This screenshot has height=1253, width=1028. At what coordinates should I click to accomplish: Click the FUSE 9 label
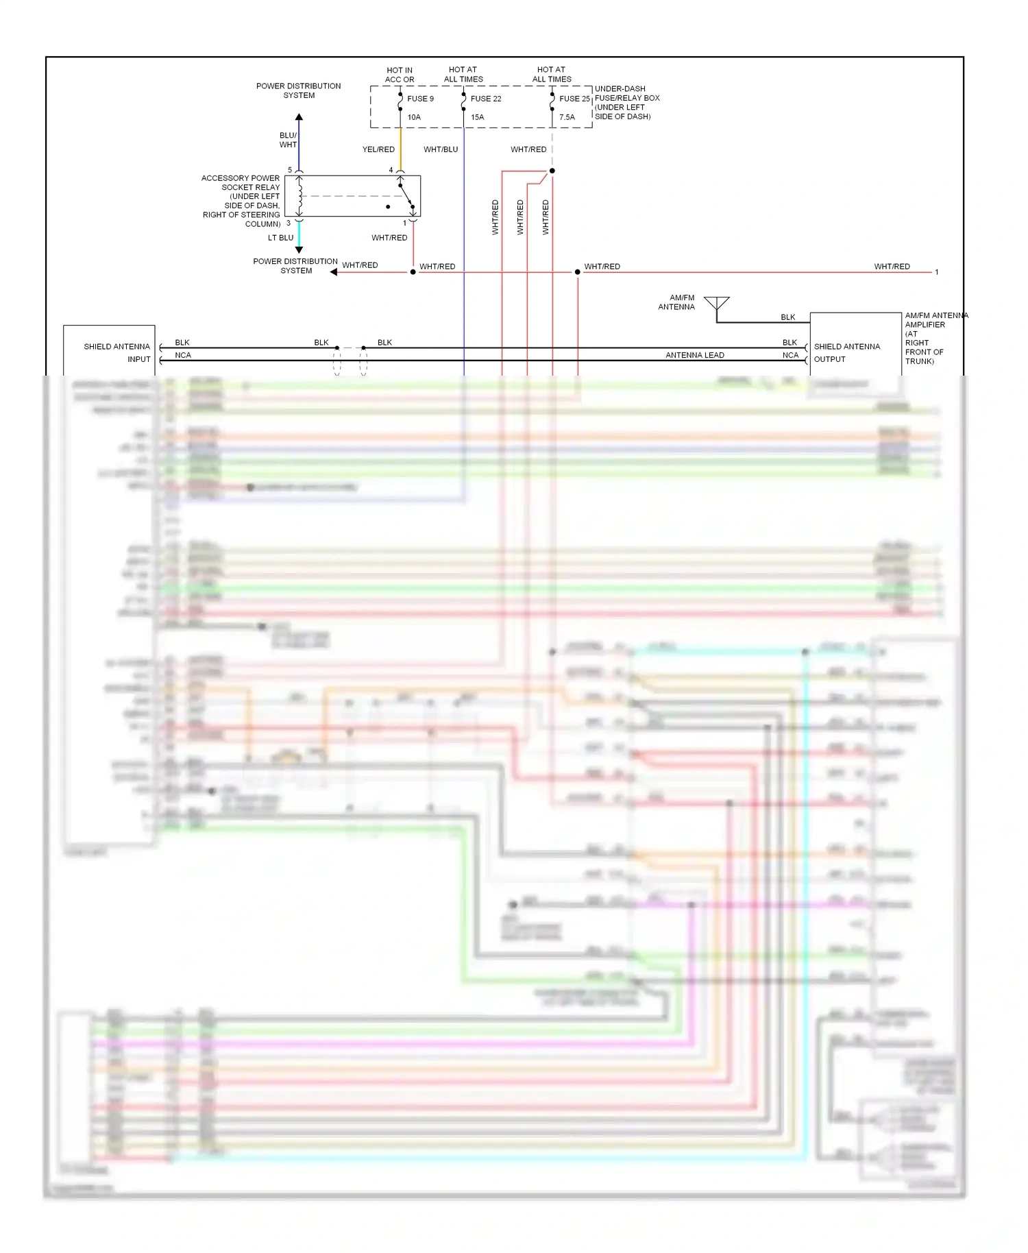[420, 99]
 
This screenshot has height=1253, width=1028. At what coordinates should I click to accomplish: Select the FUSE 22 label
[485, 99]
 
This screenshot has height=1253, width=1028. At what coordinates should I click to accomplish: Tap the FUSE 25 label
[574, 99]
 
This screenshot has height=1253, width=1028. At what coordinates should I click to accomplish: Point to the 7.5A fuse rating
[567, 117]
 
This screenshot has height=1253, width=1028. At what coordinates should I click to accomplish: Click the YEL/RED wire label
[378, 149]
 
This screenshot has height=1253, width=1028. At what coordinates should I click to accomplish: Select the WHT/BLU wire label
[441, 149]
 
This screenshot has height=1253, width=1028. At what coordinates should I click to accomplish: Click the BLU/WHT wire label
[288, 140]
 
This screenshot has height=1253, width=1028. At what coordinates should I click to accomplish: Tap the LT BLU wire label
[280, 238]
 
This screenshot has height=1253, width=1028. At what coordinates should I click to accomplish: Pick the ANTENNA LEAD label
[694, 355]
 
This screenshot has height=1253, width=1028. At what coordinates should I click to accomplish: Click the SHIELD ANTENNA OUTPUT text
[846, 352]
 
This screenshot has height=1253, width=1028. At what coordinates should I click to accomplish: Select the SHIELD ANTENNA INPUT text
[117, 352]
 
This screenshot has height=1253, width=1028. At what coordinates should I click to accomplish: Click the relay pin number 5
[290, 170]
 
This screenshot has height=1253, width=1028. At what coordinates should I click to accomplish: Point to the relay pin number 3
[289, 223]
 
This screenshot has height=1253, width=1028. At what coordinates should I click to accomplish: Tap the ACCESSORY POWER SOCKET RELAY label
[241, 201]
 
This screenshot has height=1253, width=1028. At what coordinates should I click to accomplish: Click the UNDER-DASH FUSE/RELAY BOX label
[626, 103]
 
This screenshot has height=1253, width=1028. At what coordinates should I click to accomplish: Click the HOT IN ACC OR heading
[400, 75]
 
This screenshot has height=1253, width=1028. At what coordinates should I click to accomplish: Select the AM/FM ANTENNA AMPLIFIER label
[935, 338]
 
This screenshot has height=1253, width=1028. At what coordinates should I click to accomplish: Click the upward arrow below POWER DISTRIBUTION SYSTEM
[299, 118]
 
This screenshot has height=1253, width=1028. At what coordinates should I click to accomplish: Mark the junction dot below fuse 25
[552, 171]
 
